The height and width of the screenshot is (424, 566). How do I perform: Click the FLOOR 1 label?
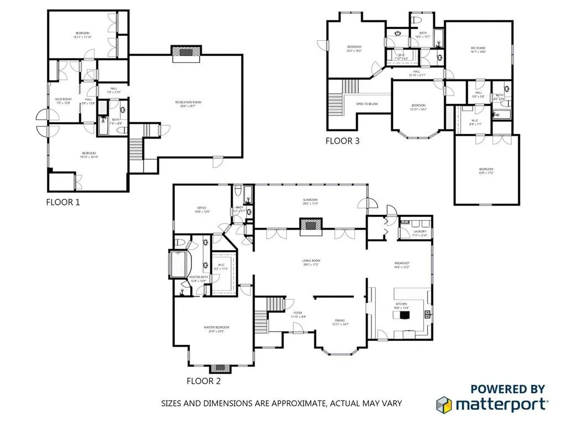click(62, 202)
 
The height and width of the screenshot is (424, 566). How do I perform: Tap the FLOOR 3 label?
click(342, 141)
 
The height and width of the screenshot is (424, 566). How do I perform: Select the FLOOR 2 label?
click(204, 380)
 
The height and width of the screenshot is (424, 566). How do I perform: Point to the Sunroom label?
click(310, 202)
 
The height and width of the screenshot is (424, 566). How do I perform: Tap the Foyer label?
click(298, 314)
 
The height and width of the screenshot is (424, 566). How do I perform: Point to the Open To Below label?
click(366, 104)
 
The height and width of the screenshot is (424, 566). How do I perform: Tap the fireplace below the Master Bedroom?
click(219, 368)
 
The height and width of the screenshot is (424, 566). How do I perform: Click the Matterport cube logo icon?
click(446, 405)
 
